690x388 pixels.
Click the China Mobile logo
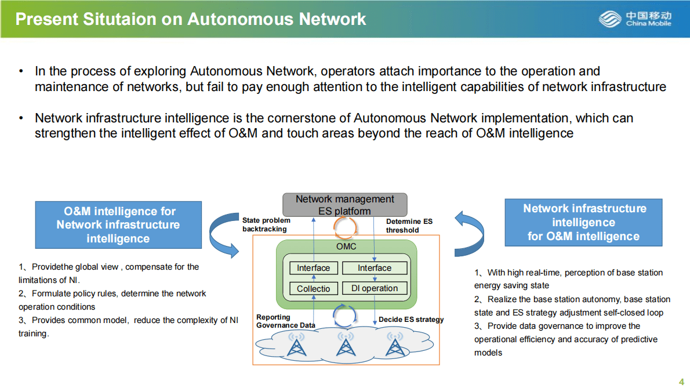(x=635, y=19)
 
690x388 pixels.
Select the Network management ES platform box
(x=345, y=205)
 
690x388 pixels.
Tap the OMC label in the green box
(x=346, y=246)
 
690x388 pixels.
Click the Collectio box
(x=313, y=288)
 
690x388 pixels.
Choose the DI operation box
(x=375, y=288)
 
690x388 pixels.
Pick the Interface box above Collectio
(x=313, y=268)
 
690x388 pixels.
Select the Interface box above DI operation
(x=375, y=268)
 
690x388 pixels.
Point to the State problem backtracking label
(x=266, y=224)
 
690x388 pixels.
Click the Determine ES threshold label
(x=409, y=226)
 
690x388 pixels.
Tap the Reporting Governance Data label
(x=285, y=321)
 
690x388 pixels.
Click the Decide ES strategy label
(x=411, y=320)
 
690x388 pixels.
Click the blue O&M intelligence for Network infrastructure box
(x=118, y=225)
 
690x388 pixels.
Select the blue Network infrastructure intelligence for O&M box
(x=583, y=222)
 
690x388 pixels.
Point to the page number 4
(x=681, y=381)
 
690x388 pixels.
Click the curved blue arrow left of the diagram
(x=223, y=234)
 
